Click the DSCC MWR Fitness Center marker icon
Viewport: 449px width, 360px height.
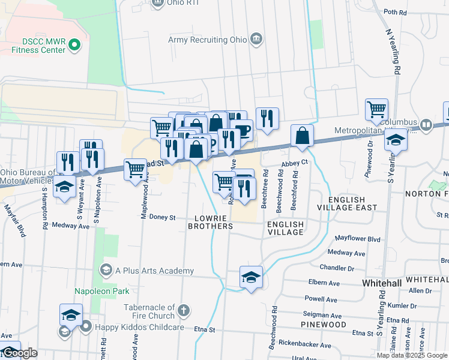coord(74,44)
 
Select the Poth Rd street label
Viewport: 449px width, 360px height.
coord(395,12)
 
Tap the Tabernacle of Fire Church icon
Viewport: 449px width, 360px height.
coord(184,311)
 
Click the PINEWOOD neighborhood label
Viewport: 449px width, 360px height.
coord(324,325)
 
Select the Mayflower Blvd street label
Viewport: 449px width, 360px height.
coord(358,239)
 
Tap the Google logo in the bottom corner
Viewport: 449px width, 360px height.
coord(19,353)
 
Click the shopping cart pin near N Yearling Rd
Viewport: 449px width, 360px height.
coord(376,110)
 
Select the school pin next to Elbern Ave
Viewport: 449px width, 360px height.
coord(251,277)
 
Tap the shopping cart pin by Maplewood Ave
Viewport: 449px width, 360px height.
coord(135,169)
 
